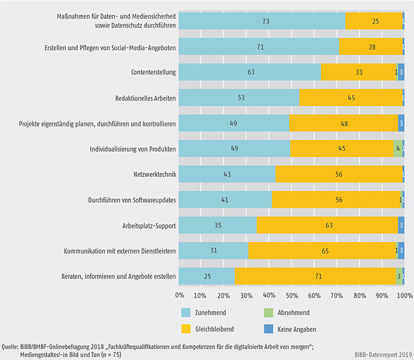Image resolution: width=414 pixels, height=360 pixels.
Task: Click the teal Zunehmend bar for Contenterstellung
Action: pyautogui.click(x=250, y=73)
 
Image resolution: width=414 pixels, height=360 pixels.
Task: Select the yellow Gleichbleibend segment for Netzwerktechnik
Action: pyautogui.click(x=339, y=174)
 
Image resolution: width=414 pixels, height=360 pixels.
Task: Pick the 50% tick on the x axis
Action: pyautogui.click(x=292, y=295)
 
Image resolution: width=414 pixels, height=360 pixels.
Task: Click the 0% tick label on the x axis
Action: pyautogui.click(x=180, y=295)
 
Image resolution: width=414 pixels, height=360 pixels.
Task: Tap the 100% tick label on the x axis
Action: pyautogui.click(x=404, y=295)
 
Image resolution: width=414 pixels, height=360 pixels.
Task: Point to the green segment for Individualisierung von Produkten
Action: pyautogui.click(x=398, y=149)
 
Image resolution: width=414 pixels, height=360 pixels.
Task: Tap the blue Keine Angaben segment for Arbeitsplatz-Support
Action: pyautogui.click(x=401, y=225)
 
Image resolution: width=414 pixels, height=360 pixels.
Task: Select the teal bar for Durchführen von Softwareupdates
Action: pyautogui.click(x=226, y=200)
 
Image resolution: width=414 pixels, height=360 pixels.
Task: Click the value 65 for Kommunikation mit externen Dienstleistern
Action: pyautogui.click(x=322, y=251)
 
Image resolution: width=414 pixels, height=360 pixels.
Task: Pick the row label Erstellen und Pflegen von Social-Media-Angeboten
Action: pyautogui.click(x=121, y=47)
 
